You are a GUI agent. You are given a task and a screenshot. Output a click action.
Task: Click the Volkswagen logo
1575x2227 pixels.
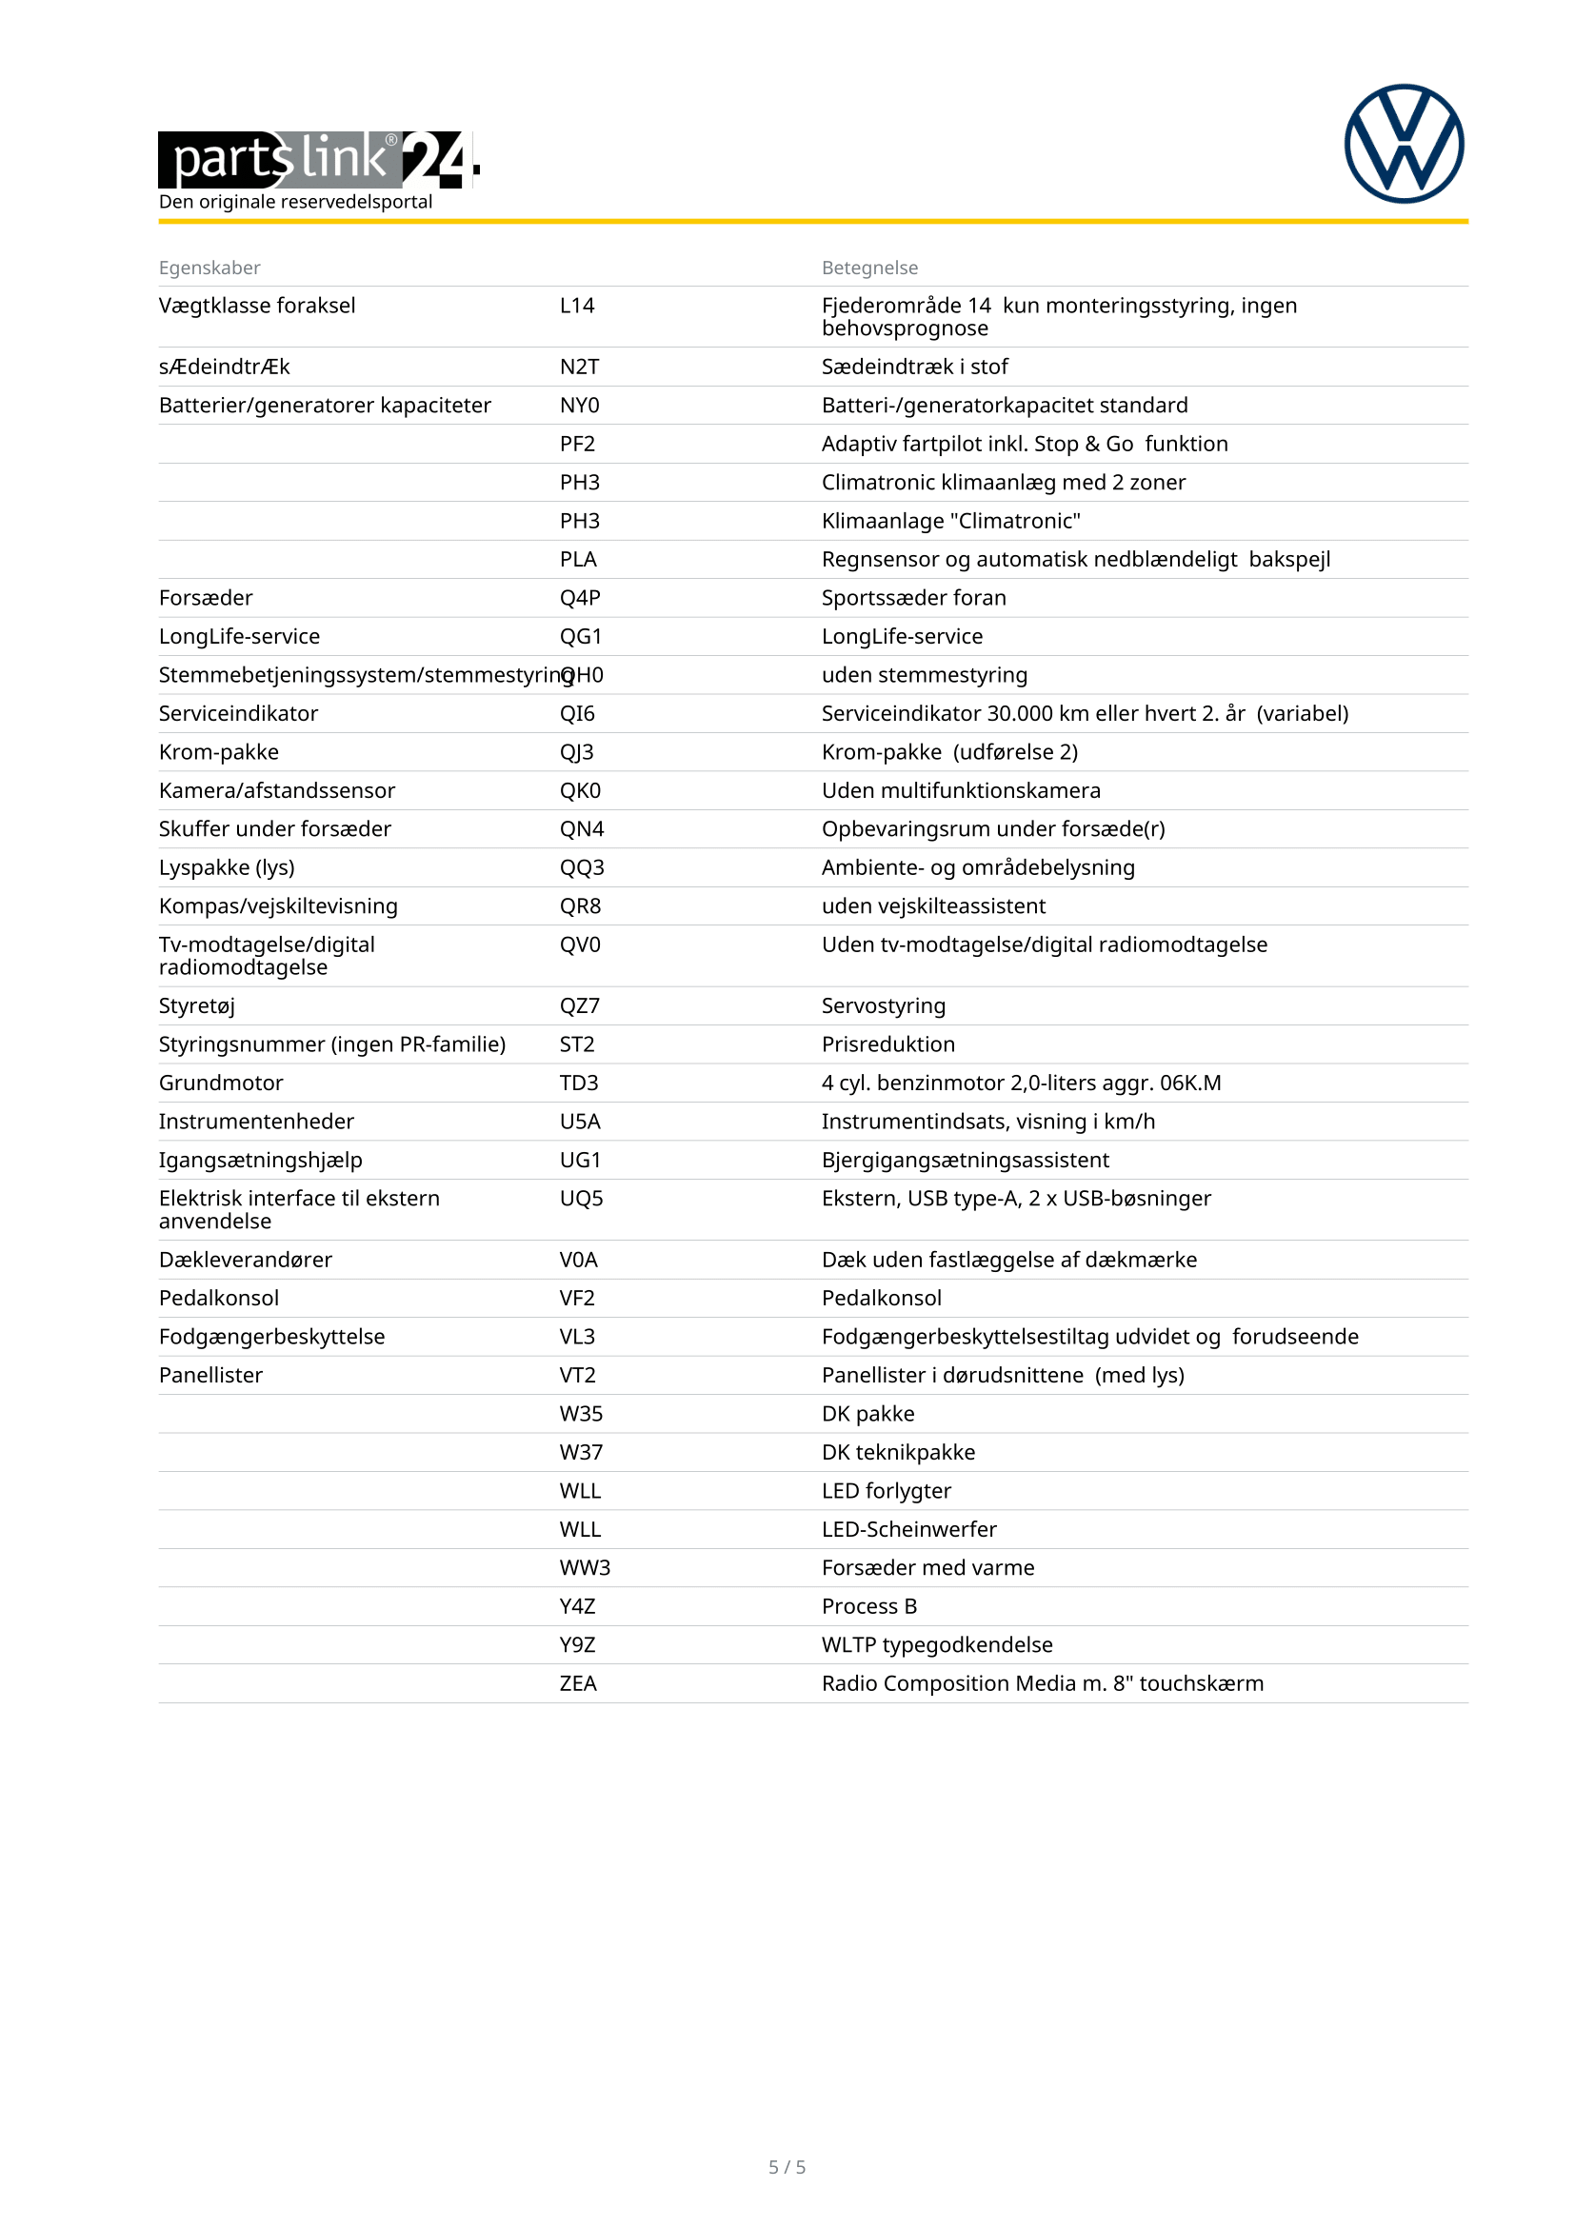pos(1404,144)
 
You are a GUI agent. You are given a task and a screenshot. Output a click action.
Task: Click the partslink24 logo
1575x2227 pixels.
pos(318,159)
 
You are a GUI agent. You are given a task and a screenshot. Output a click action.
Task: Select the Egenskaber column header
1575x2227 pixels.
pos(209,268)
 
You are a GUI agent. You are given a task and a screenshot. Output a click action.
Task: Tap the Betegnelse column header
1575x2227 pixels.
pos(869,268)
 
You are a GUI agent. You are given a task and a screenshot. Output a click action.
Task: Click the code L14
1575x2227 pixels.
pos(577,306)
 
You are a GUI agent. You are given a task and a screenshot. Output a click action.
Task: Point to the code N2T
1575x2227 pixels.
pos(579,367)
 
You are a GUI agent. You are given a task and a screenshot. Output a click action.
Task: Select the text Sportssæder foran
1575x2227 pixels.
pos(913,598)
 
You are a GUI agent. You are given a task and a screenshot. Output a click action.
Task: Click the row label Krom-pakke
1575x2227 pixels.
pos(218,752)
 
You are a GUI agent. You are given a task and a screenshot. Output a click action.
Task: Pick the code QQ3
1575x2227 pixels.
pos(582,867)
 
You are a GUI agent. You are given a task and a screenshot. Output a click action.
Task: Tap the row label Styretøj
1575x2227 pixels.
pos(197,1005)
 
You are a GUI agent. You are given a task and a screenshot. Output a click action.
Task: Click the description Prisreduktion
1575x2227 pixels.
pos(887,1044)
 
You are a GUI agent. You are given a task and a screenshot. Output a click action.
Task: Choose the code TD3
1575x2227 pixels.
pos(579,1083)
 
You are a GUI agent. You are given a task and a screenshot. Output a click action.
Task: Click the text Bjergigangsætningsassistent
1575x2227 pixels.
pos(965,1160)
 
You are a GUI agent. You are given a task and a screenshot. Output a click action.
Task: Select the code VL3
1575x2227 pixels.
pos(577,1337)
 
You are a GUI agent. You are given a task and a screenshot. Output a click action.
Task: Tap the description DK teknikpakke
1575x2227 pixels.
pos(898,1452)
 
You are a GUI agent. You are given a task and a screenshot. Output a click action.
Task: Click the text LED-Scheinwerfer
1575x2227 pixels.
pos(908,1530)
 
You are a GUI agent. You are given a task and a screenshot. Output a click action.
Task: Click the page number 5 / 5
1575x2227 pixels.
pos(787,2167)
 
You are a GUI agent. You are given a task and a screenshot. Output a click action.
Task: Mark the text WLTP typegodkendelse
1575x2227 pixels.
pos(937,1645)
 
